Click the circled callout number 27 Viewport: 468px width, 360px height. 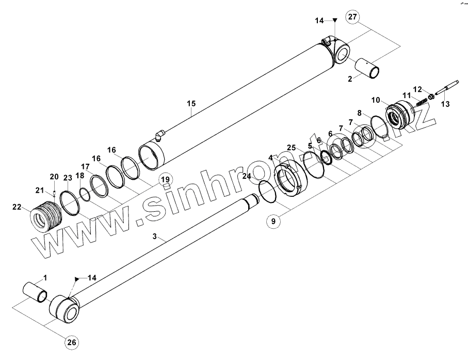coord(352,17)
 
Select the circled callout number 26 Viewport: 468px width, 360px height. coord(72,341)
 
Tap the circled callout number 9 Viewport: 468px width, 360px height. coord(274,221)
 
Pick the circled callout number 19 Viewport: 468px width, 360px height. coord(164,180)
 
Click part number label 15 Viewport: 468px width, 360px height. coord(191,104)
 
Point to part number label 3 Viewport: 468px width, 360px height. coord(154,237)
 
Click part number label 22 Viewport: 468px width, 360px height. coord(17,207)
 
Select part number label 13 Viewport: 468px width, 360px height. coord(446,104)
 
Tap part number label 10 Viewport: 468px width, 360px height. coord(375,99)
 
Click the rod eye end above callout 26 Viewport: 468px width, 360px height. coord(64,309)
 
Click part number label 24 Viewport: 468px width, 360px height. coord(247,177)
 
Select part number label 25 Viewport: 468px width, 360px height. coord(292,148)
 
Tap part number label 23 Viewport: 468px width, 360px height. coord(67,178)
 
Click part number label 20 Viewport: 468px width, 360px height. coord(54,177)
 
